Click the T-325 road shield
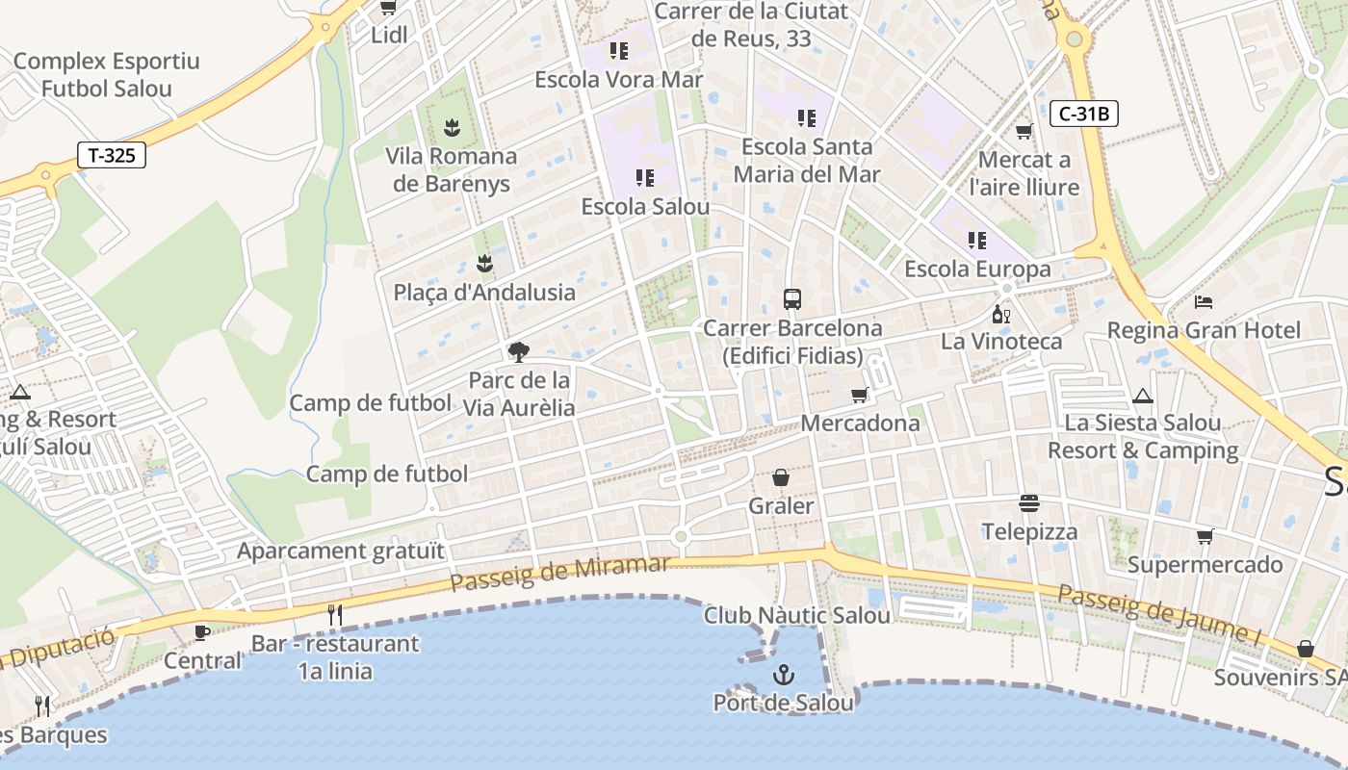tap(112, 155)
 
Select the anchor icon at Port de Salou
tap(783, 675)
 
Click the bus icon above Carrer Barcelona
tap(792, 299)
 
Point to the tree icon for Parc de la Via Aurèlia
tap(518, 351)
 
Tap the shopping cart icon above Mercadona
tap(860, 395)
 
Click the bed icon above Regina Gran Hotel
tap(1203, 302)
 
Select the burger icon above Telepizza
tap(1029, 503)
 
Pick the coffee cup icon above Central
tap(201, 632)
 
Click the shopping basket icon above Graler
tap(781, 477)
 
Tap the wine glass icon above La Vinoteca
tap(1001, 314)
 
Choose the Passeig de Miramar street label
tap(558, 573)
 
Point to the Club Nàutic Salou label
tap(796, 615)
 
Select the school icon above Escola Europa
tap(977, 241)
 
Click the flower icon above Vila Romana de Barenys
tap(451, 127)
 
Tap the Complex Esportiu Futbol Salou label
tap(106, 75)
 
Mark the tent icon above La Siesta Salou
tap(1143, 395)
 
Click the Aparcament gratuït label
tap(341, 552)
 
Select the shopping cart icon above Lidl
tap(388, 8)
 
